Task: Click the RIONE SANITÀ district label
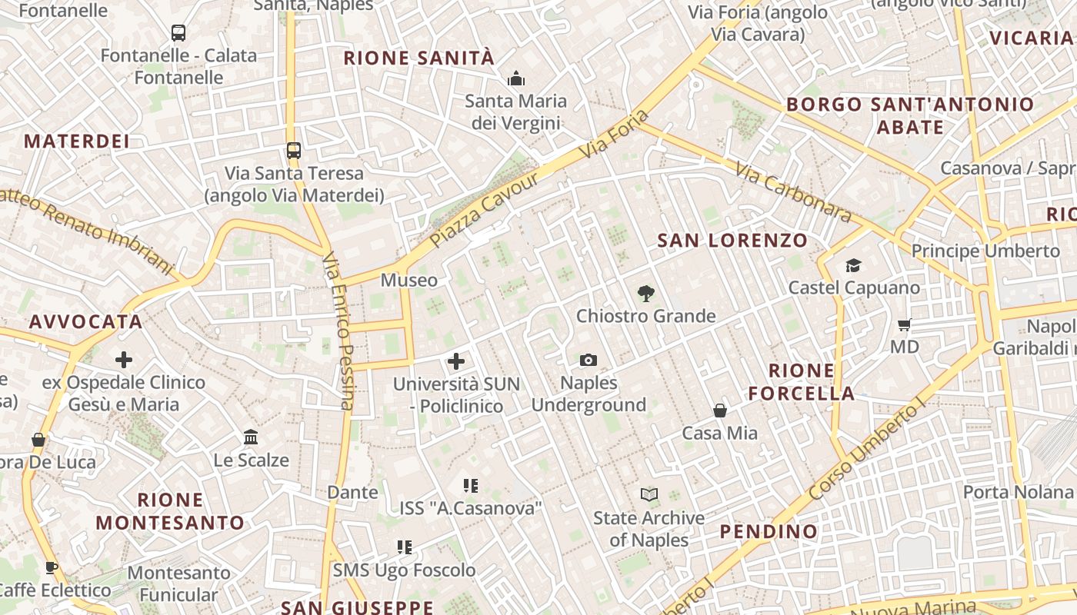pos(418,58)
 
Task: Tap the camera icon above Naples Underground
pos(589,360)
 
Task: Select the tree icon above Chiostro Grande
pos(646,293)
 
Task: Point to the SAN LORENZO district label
pos(732,241)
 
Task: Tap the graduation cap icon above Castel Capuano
pos(853,266)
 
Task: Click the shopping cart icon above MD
pos(905,325)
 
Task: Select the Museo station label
pos(408,280)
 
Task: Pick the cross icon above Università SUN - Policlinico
pos(456,361)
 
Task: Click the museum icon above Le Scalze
pos(251,437)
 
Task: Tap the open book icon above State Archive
pos(649,494)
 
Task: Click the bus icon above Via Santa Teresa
pos(293,150)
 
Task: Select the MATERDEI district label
pos(76,141)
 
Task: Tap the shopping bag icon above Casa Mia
pos(720,411)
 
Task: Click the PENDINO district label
pos(769,531)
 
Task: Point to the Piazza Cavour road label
pos(484,209)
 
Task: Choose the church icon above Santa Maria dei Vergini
pos(515,78)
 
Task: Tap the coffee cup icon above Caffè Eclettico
pos(51,567)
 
